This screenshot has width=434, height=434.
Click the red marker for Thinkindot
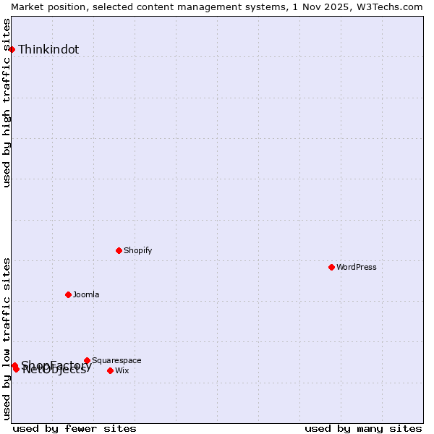click(12, 49)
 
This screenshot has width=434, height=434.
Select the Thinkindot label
click(48, 50)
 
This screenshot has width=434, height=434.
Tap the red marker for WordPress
click(331, 267)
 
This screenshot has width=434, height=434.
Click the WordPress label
click(357, 268)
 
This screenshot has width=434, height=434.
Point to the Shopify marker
click(119, 250)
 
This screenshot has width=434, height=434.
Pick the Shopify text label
click(138, 251)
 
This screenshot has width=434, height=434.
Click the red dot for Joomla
click(68, 294)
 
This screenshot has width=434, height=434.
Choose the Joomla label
click(86, 295)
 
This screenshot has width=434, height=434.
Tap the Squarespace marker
click(87, 360)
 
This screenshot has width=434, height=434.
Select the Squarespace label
click(116, 361)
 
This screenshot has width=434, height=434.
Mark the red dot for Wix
click(110, 370)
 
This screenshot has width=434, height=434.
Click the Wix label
click(122, 371)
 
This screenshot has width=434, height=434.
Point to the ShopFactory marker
click(14, 365)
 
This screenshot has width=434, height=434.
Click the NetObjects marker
click(16, 369)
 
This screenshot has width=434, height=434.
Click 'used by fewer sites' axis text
click(75, 428)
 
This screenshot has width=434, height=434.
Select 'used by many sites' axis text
click(363, 428)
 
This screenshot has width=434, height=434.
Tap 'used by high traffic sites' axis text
click(7, 103)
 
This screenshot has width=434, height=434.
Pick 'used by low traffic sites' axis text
click(7, 339)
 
